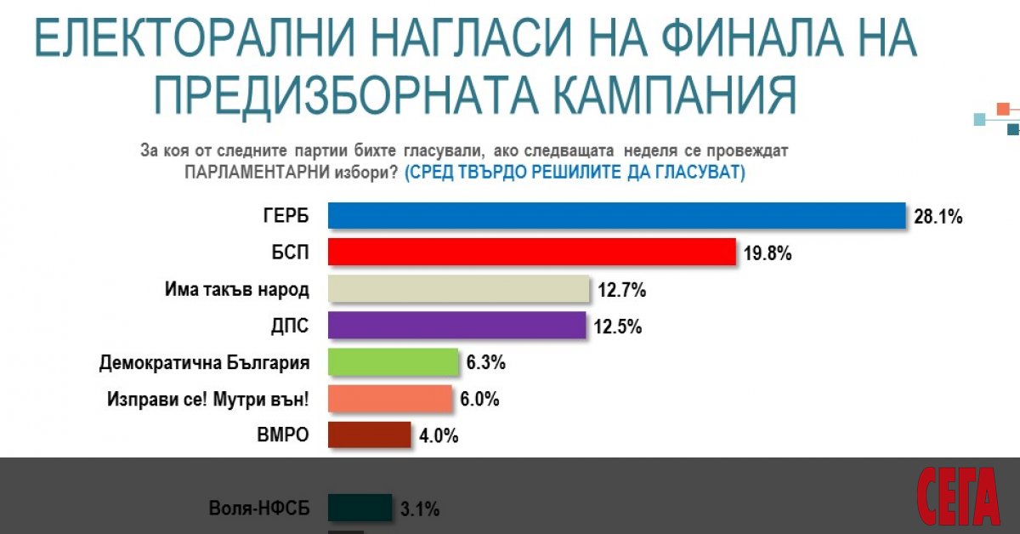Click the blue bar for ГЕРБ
616,216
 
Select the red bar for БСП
531,253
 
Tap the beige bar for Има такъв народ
459,289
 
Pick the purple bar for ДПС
456,326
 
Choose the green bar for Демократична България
394,362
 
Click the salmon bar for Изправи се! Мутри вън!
390,399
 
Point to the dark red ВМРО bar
370,435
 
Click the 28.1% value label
938,217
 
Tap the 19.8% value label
768,253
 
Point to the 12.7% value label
622,290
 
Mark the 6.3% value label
485,363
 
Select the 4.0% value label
438,435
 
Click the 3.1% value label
419,509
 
